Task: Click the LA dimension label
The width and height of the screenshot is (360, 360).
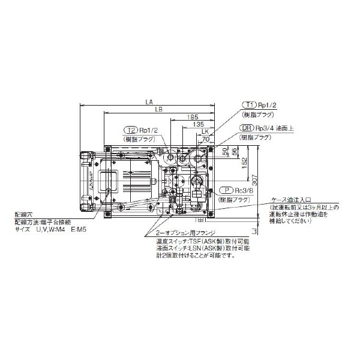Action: (148, 102)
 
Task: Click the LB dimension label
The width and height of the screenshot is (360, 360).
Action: (158, 110)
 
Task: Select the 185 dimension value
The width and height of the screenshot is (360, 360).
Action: (193, 117)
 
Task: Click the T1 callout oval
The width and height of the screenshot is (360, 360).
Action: (248, 104)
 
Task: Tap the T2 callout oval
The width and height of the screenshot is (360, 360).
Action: (131, 130)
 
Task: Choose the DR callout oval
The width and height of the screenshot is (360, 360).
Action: (247, 128)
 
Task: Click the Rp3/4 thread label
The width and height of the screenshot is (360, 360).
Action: (262, 128)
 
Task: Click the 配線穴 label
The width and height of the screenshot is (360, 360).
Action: (23, 214)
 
